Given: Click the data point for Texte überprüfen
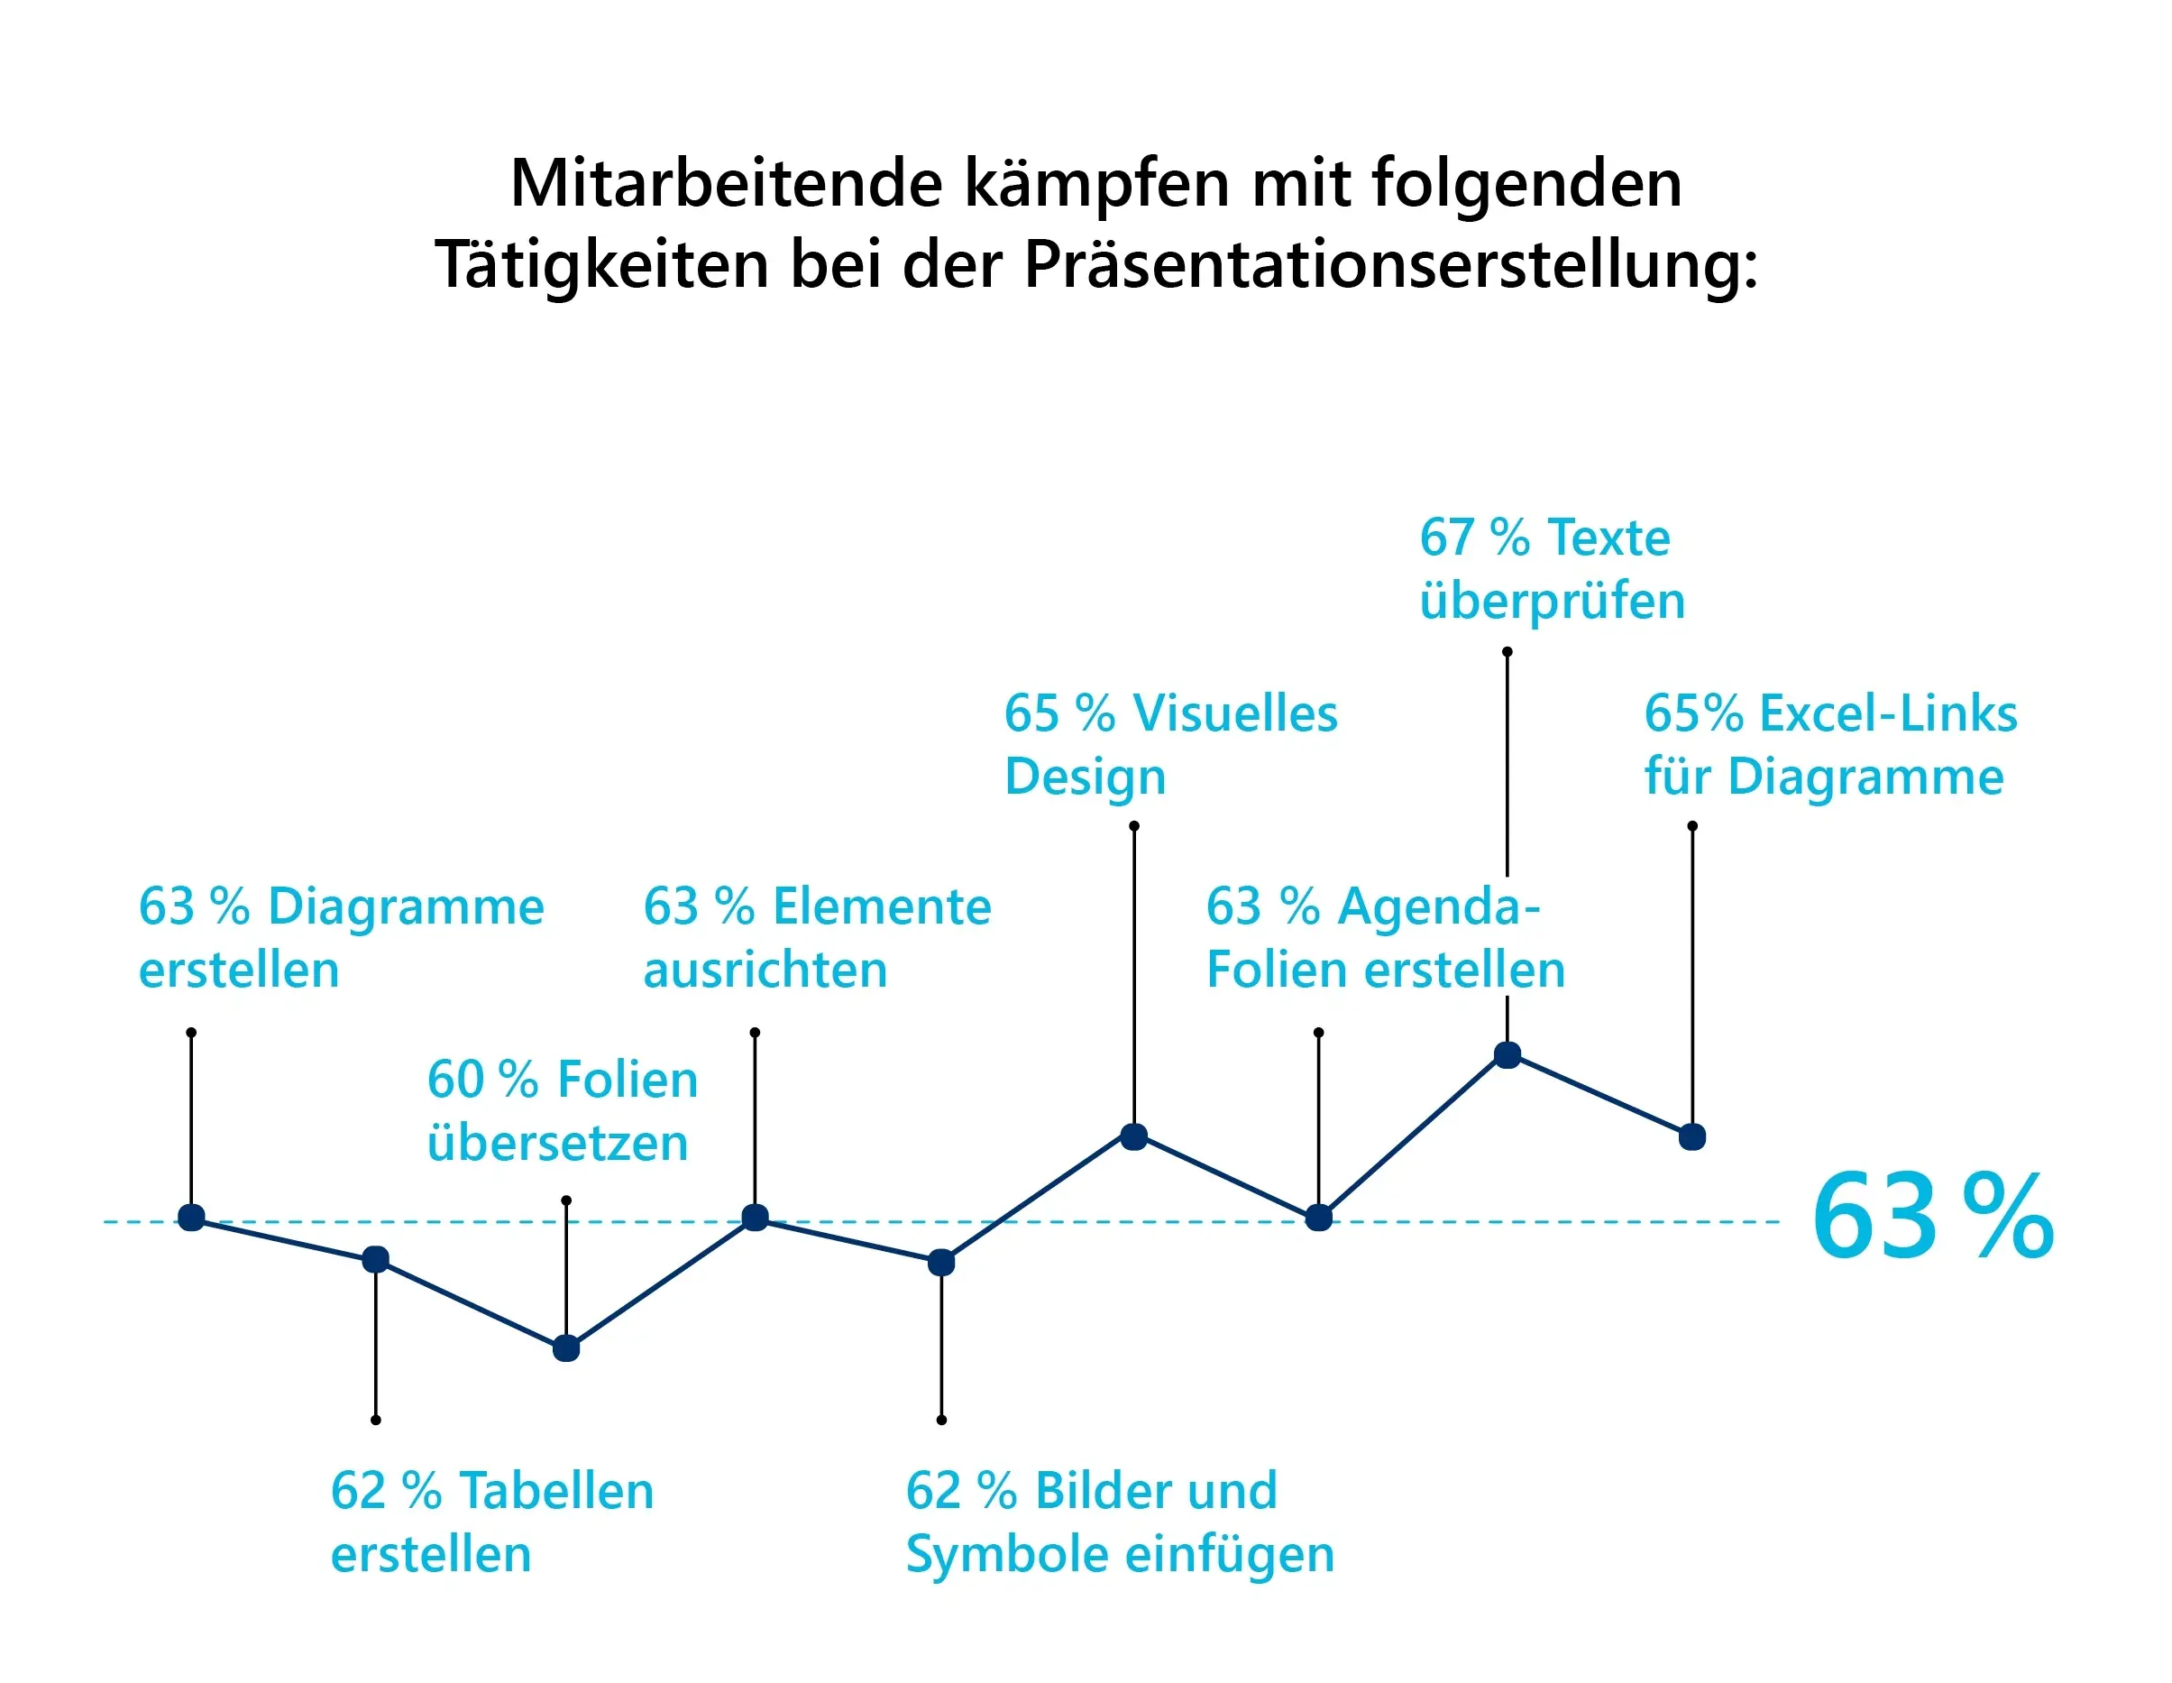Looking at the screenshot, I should [1508, 1055].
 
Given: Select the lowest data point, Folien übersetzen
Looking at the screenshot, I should [566, 1348].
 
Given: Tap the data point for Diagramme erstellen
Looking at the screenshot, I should [191, 1218].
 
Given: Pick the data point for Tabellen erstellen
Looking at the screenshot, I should [375, 1260].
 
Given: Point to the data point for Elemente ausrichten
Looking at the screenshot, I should [755, 1218].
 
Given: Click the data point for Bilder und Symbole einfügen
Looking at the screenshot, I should [940, 1264].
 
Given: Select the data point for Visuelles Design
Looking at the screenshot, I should [1133, 1137].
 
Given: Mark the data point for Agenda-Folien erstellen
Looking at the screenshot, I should [1319, 1218].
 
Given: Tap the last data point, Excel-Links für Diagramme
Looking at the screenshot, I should [1692, 1137].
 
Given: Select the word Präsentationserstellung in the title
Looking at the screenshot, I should [1390, 265].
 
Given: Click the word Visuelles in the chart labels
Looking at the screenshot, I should [1235, 714].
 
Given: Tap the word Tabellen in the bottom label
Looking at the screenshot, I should [557, 1491].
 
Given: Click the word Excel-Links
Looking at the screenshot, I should [1888, 714].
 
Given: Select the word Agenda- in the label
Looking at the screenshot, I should [1439, 907].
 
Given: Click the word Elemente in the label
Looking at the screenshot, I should [882, 907].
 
